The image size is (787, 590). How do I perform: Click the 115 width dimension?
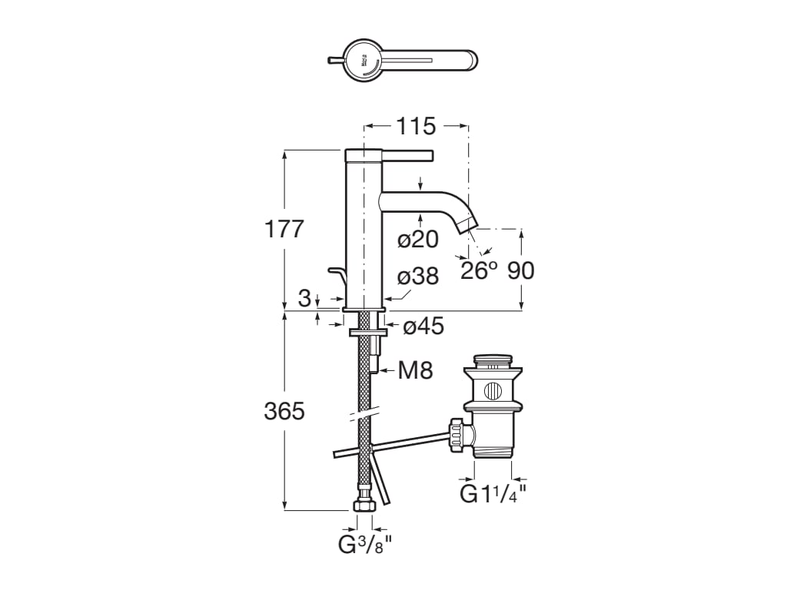416,126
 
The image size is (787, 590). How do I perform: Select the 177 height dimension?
284,229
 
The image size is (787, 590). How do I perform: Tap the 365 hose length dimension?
284,412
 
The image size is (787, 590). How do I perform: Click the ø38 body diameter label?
418,277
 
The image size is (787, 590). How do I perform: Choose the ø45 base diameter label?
423,326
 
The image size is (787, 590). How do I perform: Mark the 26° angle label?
479,270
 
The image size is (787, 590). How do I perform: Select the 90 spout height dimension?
521,270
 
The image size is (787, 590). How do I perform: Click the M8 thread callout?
416,371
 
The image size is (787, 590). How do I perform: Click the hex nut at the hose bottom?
364,507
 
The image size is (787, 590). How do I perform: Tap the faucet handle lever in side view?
407,154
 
